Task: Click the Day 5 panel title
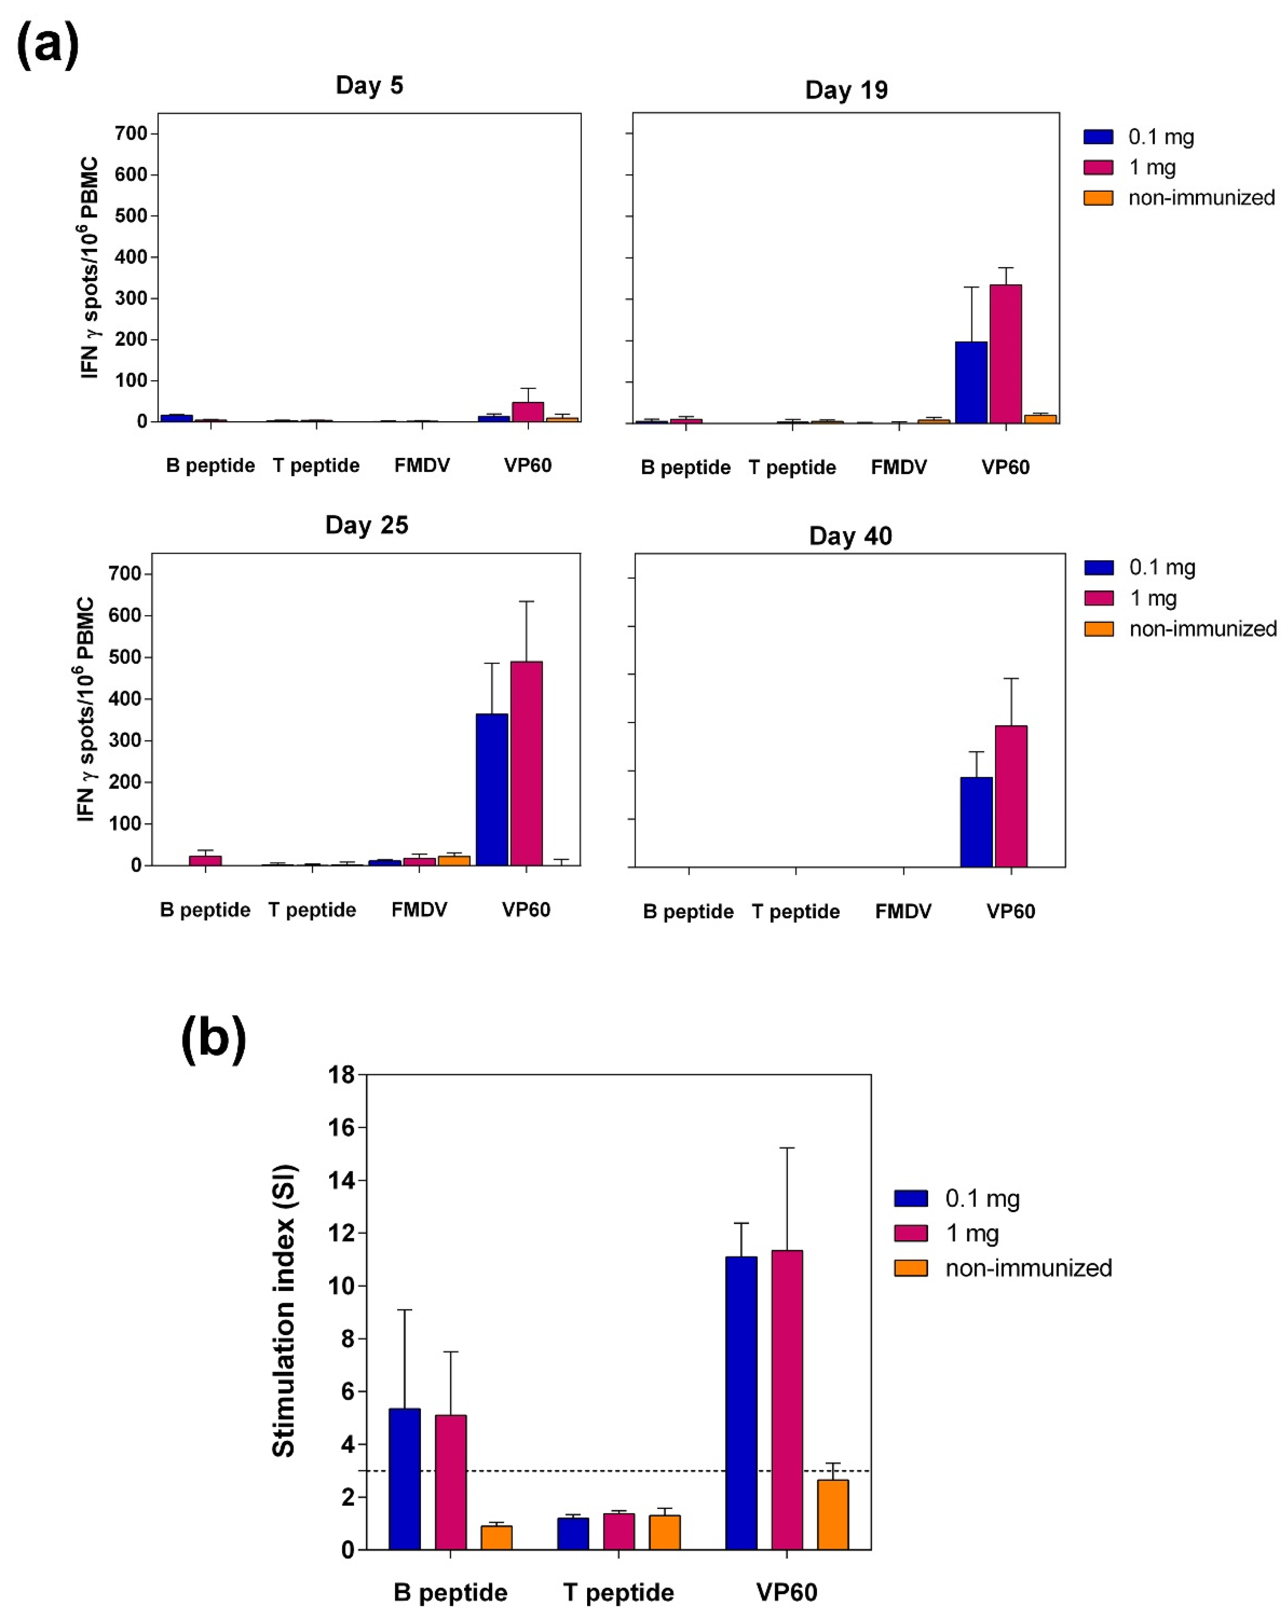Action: pos(369,85)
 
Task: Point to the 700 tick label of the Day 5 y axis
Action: pos(130,133)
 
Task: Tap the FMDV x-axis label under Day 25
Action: pos(419,910)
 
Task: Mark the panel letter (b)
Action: pos(213,1038)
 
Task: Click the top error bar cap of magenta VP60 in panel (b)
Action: pos(787,1148)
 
